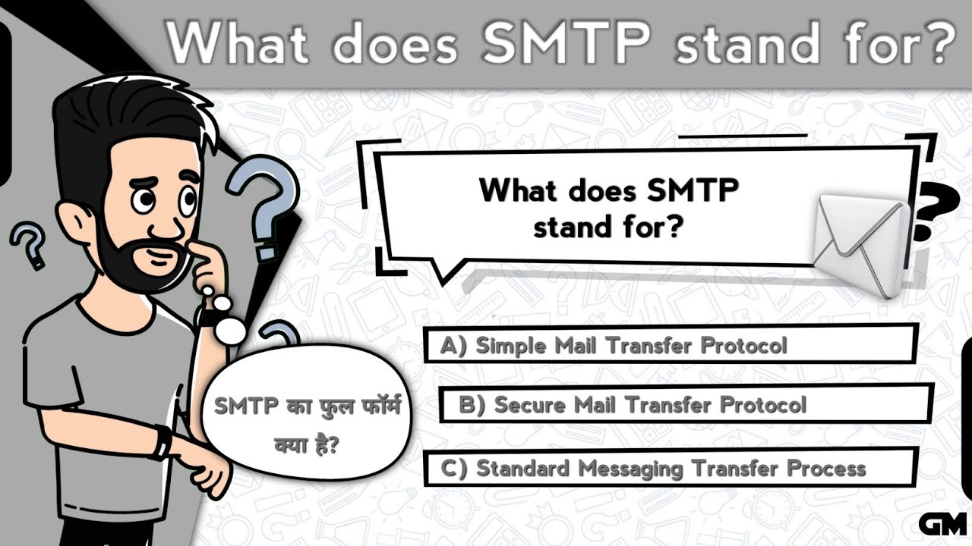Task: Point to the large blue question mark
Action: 262,205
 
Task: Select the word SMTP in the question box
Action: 692,190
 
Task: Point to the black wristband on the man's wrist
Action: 161,443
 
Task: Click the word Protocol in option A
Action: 743,346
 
